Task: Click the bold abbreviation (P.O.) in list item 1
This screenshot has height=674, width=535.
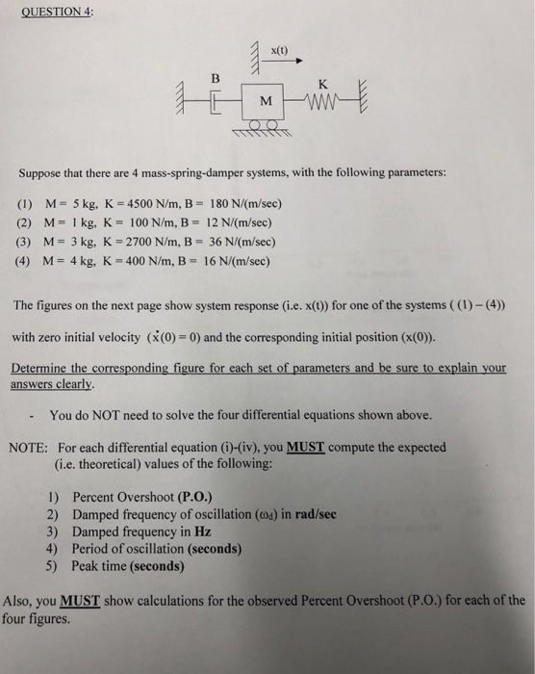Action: (190, 498)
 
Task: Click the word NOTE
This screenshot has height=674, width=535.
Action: (28, 448)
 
